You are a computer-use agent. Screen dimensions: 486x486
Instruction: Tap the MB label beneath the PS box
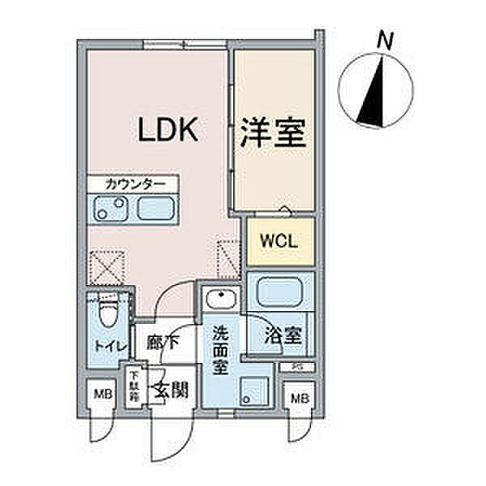click(299, 399)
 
